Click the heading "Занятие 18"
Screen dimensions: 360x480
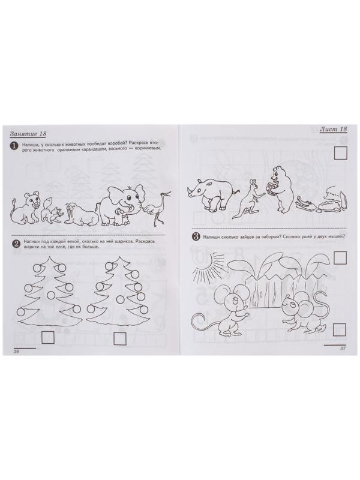point(28,134)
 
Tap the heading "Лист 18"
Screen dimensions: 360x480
point(334,129)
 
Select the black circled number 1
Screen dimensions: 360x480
point(14,146)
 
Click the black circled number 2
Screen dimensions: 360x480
point(16,244)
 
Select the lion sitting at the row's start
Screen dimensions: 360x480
point(26,208)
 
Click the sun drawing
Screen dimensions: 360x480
point(206,267)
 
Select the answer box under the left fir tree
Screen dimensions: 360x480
point(47,338)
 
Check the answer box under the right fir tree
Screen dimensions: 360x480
point(120,338)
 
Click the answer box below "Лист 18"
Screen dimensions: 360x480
point(340,153)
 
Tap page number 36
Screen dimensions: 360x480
point(17,352)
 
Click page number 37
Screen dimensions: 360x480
point(343,349)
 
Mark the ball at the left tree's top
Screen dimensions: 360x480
point(37,268)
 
